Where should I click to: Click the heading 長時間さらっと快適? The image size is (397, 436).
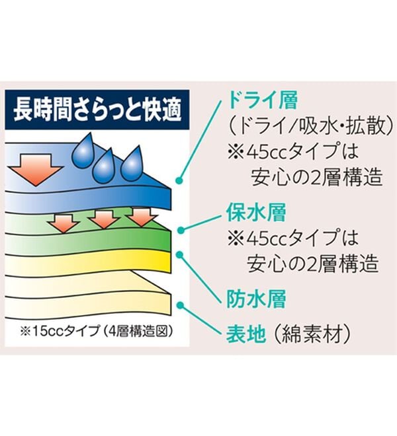pyautogui.click(x=97, y=111)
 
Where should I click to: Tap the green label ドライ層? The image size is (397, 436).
pyautogui.click(x=263, y=100)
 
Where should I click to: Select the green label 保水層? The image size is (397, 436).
pyautogui.click(x=256, y=213)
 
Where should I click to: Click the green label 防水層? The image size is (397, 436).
pyautogui.click(x=256, y=299)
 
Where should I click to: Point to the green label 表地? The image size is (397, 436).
pyautogui.click(x=245, y=334)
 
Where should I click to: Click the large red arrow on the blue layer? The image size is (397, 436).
pyautogui.click(x=36, y=170)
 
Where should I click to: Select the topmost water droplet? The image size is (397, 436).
pyautogui.click(x=83, y=151)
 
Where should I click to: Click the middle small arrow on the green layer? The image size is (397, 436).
pyautogui.click(x=104, y=219)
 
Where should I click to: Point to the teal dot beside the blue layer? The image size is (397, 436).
pyautogui.click(x=180, y=181)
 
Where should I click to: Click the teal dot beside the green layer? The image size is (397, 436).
pyautogui.click(x=181, y=231)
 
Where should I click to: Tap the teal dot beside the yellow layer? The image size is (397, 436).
pyautogui.click(x=180, y=254)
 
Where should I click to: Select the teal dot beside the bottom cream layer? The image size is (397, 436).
pyautogui.click(x=180, y=305)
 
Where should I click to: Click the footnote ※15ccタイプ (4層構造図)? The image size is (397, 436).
pyautogui.click(x=96, y=331)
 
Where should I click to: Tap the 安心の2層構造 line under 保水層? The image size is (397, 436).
pyautogui.click(x=313, y=263)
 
